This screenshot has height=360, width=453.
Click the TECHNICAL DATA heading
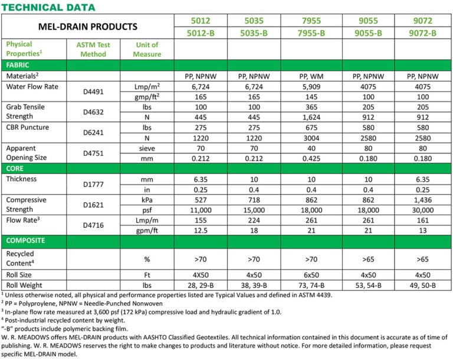(x=48, y=7)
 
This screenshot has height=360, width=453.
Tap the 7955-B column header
(x=312, y=33)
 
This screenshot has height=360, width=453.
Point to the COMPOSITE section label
(x=27, y=240)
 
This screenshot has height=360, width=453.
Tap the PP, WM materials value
(x=312, y=76)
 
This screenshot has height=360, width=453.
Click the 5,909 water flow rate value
(x=312, y=87)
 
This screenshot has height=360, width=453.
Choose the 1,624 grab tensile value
(x=312, y=117)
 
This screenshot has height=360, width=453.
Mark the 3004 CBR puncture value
(x=312, y=138)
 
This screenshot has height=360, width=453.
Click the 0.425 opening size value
(x=312, y=159)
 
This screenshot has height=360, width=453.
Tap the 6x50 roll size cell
(x=312, y=274)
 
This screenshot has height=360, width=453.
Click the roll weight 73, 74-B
(x=312, y=286)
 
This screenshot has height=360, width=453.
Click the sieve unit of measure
(x=147, y=149)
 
